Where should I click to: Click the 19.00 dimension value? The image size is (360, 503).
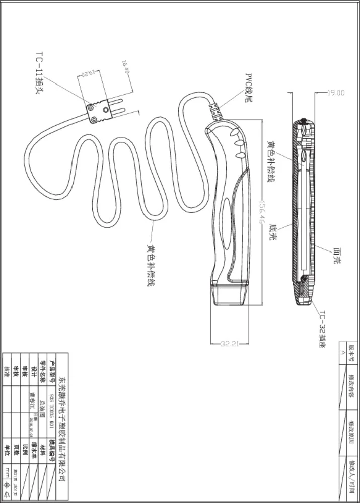click(336, 93)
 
